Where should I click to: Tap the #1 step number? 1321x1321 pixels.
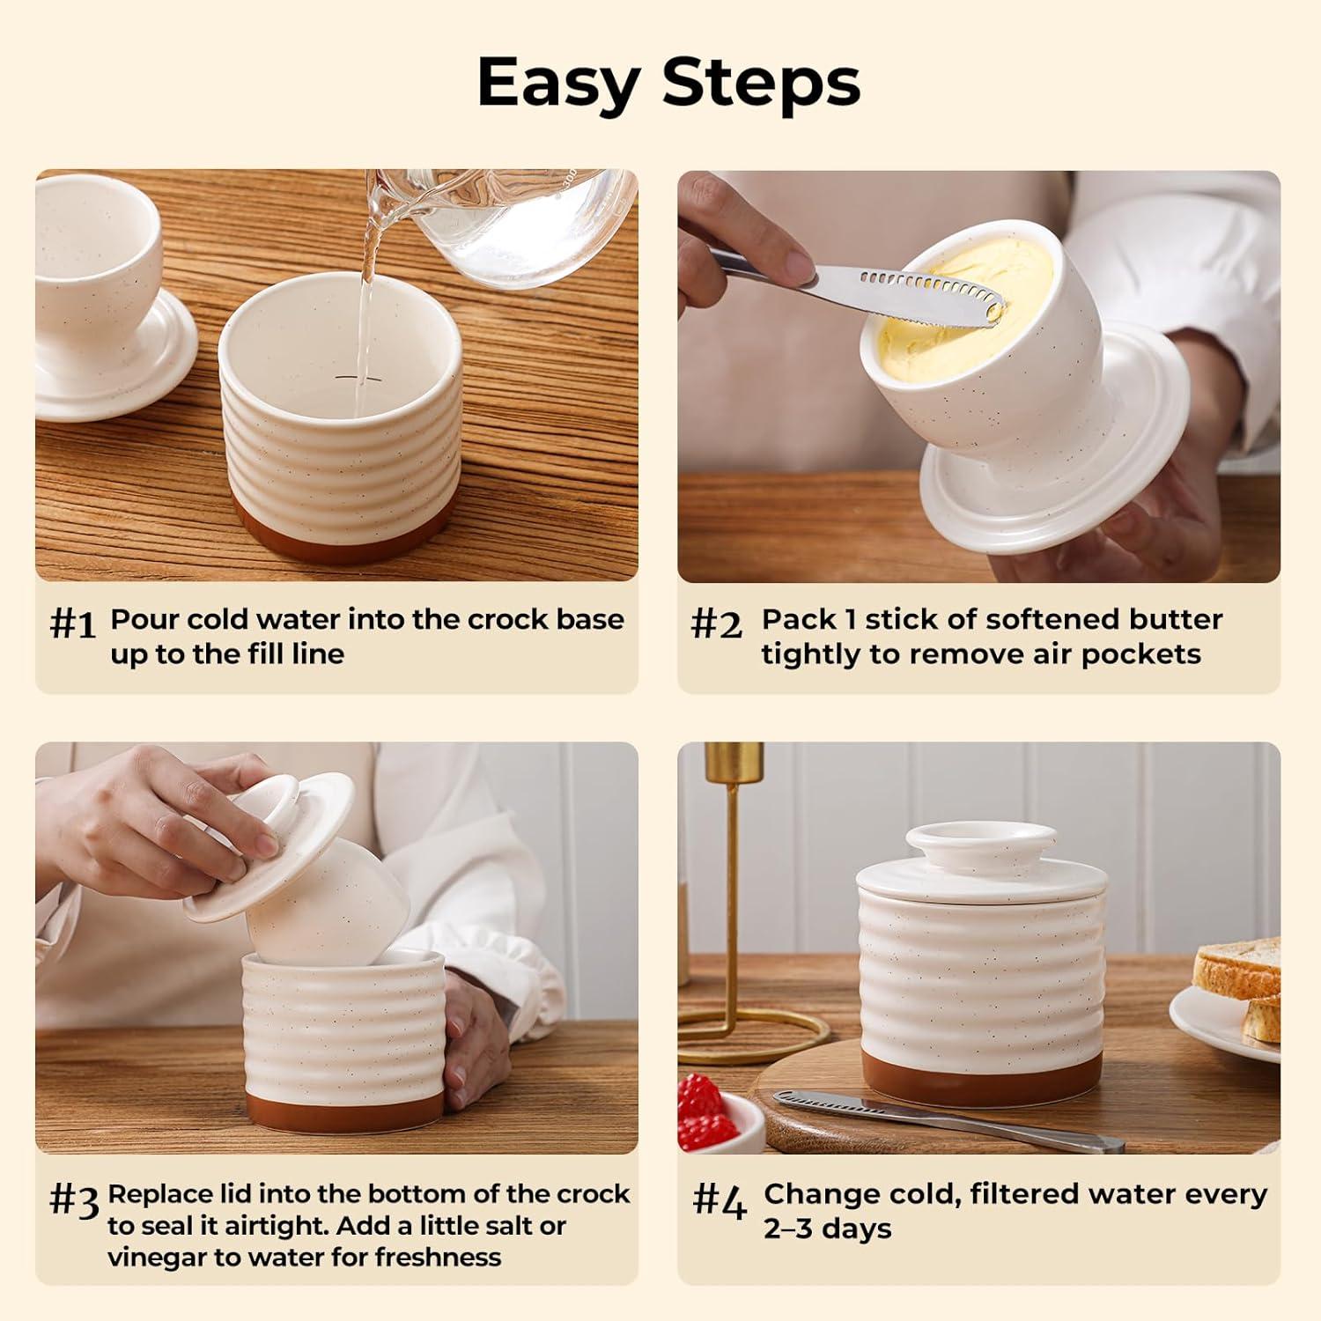(72, 624)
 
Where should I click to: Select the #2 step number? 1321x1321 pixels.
(717, 624)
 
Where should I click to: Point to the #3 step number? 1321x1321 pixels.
(74, 1200)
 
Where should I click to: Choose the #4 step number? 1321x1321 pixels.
(720, 1200)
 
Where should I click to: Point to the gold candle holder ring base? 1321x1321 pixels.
(757, 1030)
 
